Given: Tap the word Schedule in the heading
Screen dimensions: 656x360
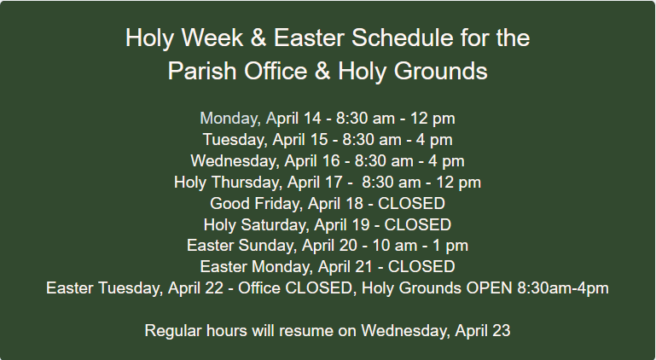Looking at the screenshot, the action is (x=402, y=38).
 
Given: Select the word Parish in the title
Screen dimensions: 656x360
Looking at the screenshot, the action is (x=202, y=71).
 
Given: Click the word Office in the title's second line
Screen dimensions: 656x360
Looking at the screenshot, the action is (x=276, y=71).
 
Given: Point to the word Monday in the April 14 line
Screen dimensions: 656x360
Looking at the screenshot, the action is (x=230, y=119).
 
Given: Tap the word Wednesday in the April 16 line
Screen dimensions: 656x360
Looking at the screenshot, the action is (x=235, y=161).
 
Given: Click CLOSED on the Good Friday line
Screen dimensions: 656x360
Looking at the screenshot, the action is (x=411, y=203).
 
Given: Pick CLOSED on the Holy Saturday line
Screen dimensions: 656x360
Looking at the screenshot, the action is (x=417, y=225).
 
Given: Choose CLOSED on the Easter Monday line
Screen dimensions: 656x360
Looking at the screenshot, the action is (x=421, y=267).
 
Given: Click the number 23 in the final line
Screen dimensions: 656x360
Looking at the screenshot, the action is (x=502, y=331).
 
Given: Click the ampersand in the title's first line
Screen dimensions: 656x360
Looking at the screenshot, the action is (x=258, y=38).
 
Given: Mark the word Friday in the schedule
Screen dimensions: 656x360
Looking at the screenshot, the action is (x=276, y=204).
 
